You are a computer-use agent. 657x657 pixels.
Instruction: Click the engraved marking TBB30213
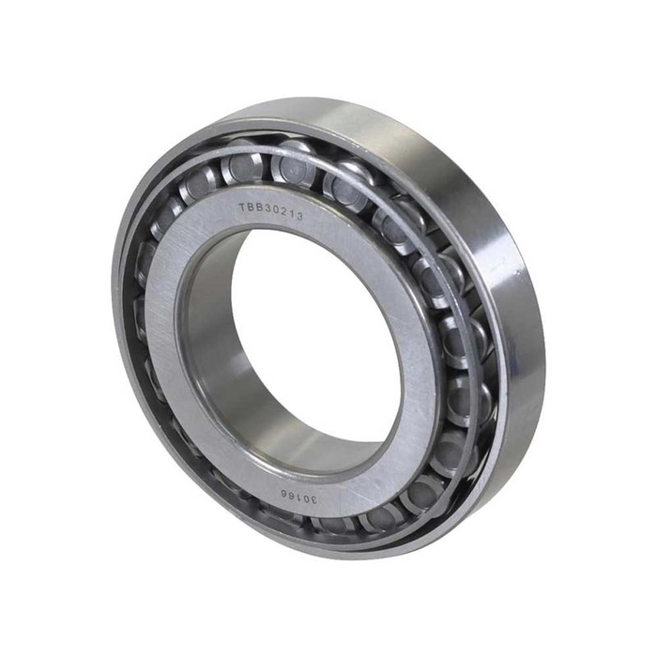tap(270, 212)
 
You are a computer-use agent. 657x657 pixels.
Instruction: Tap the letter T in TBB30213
tap(242, 207)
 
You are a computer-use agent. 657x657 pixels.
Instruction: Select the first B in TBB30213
tap(251, 208)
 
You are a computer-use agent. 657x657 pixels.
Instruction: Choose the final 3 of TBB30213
tap(299, 217)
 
